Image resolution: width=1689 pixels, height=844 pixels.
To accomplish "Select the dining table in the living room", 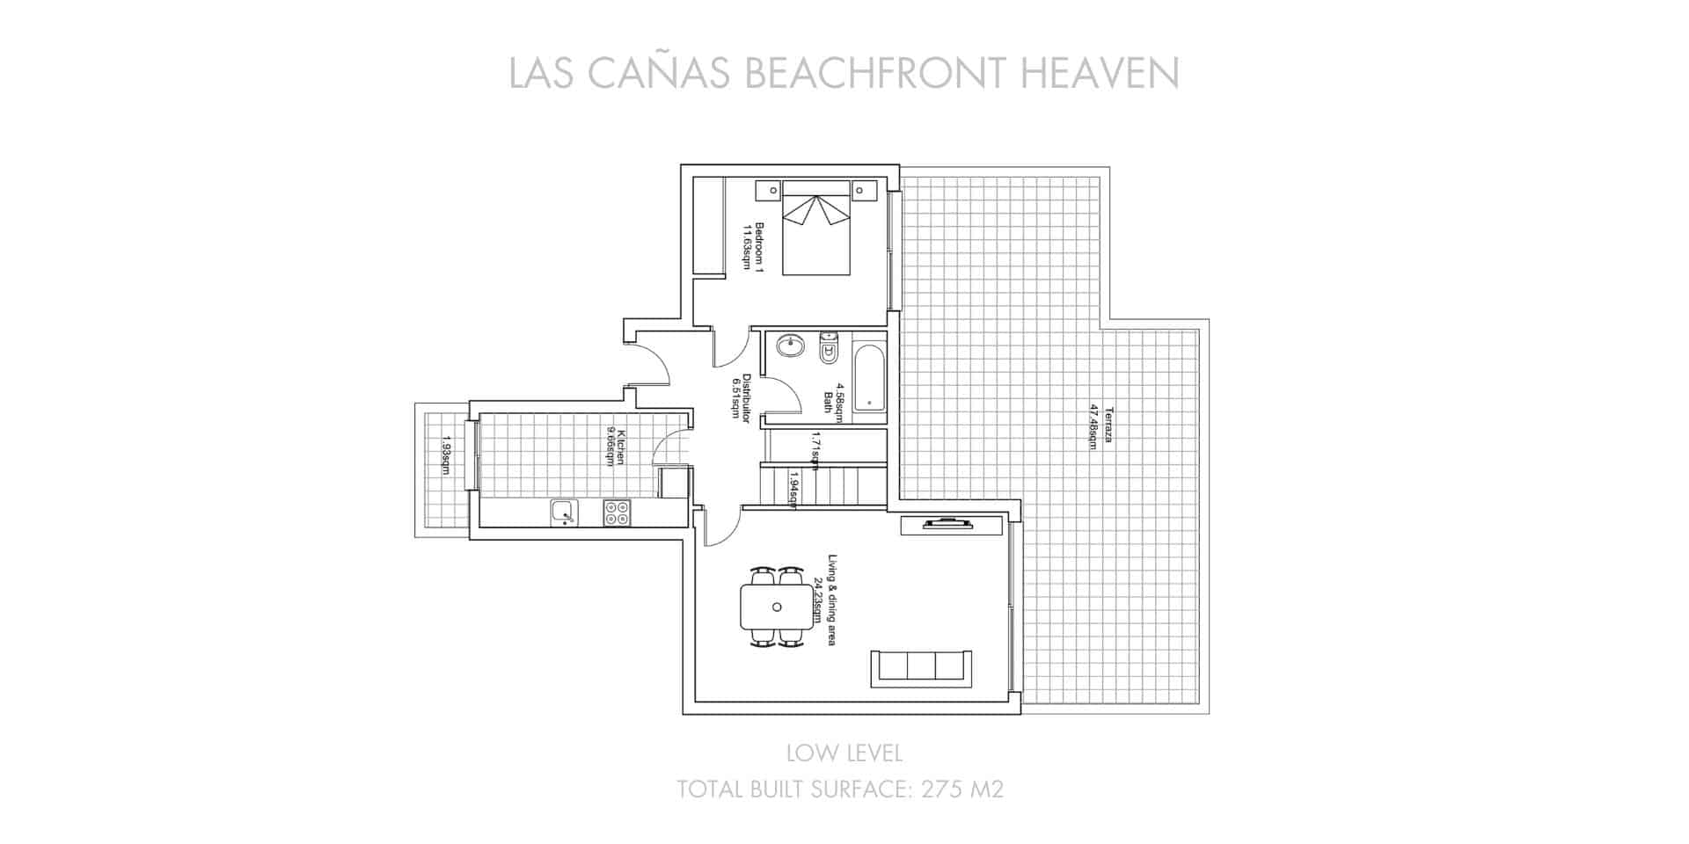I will [x=775, y=608].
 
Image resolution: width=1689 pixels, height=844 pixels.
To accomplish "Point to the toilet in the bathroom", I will [x=829, y=349].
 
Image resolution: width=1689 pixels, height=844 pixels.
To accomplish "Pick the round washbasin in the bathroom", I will [x=790, y=346].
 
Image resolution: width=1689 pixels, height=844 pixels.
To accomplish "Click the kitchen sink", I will [x=562, y=512].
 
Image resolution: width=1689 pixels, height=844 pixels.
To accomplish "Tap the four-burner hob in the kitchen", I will [x=616, y=512].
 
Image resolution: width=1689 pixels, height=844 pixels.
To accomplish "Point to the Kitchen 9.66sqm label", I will [x=615, y=447].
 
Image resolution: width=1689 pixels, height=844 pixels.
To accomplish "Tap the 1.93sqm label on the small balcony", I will [x=446, y=455].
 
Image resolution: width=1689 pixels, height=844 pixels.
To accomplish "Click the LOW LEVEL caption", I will [x=844, y=753].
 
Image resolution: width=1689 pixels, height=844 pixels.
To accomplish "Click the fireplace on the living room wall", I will [x=947, y=525].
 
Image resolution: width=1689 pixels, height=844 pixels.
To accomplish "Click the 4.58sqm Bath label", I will [x=833, y=402].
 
